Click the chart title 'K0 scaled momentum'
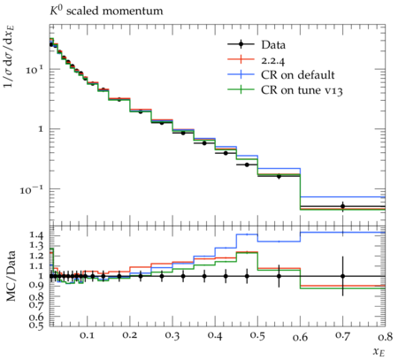[x=106, y=11]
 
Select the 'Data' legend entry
[x=256, y=44]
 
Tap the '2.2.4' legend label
[x=273, y=60]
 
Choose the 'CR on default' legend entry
[x=281, y=74]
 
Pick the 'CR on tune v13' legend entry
[x=285, y=89]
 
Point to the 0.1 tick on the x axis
[x=87, y=335]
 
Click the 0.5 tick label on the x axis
[x=257, y=335]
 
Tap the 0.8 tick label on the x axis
[x=385, y=335]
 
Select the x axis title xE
[x=379, y=352]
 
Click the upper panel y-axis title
[x=10, y=56]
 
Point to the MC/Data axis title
[x=11, y=276]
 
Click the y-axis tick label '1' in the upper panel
[x=41, y=129]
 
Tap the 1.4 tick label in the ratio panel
[x=36, y=235]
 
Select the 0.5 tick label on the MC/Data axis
[x=36, y=325]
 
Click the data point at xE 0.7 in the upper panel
[x=342, y=206]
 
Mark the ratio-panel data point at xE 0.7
[x=342, y=276]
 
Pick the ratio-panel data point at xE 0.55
[x=279, y=276]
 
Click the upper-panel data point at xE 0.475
[x=247, y=165]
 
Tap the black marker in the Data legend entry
[x=241, y=44]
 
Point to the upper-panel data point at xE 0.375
[x=204, y=143]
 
